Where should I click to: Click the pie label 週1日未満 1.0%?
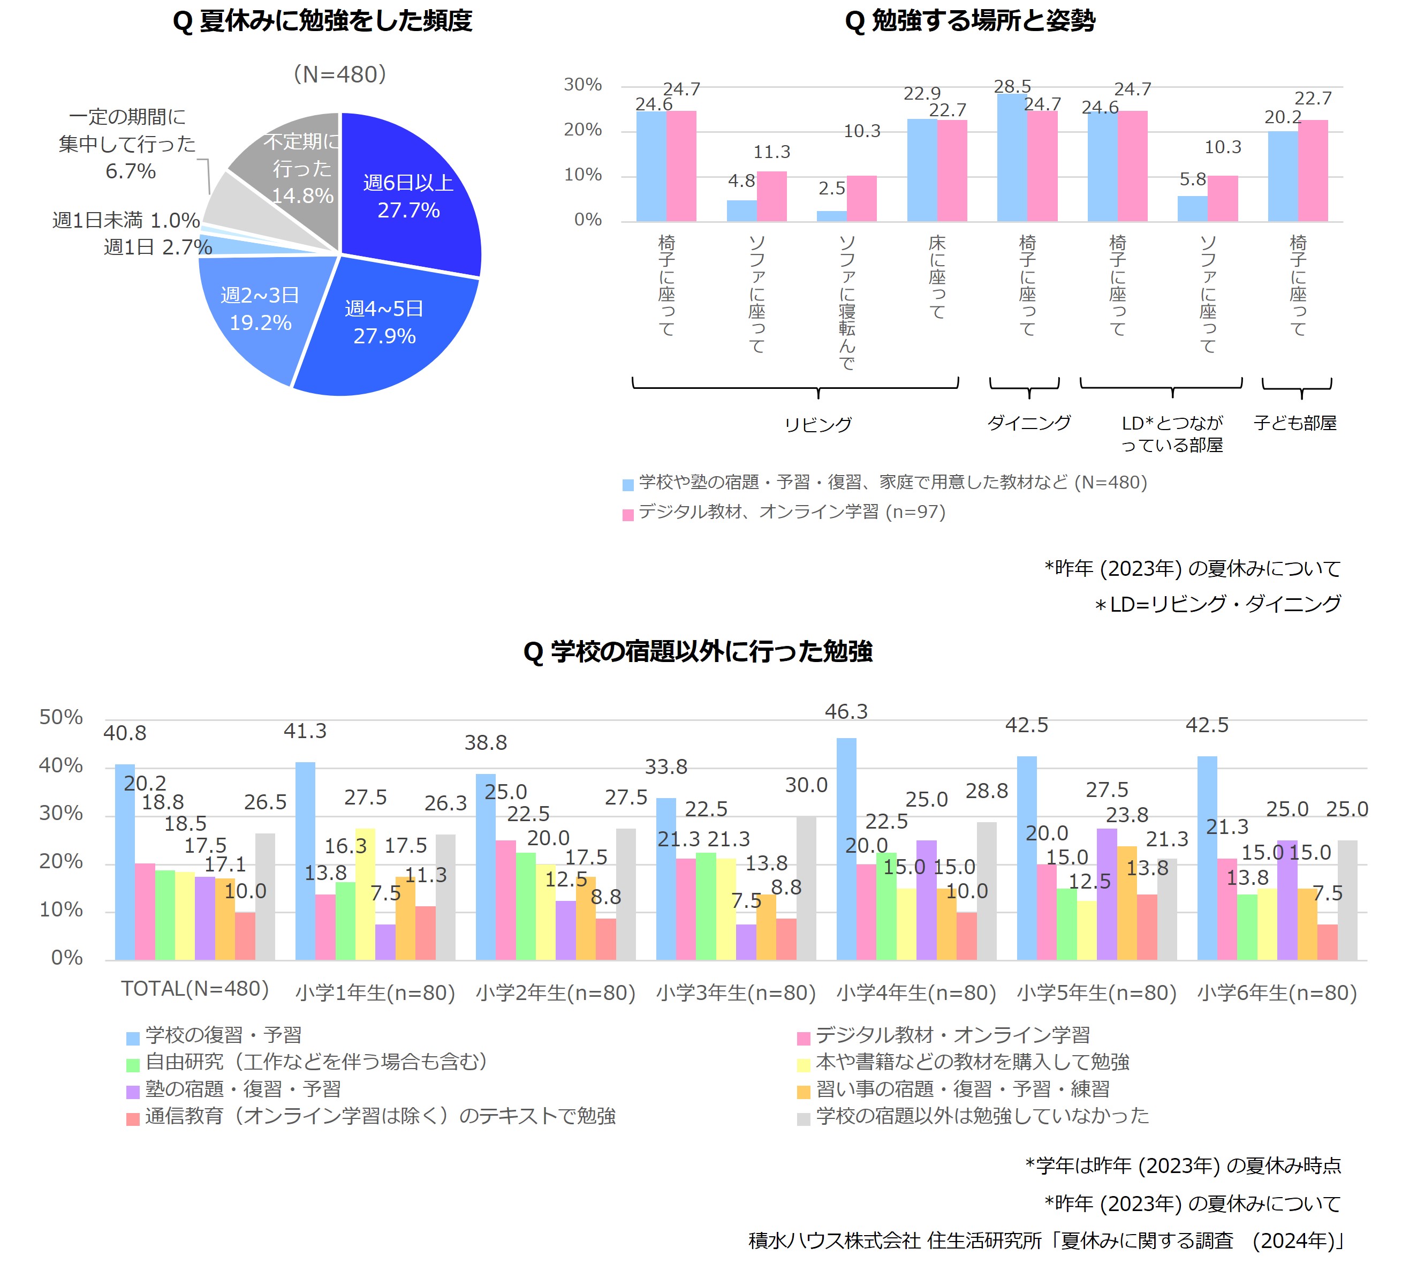[x=126, y=221]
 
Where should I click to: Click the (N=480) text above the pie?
[x=340, y=74]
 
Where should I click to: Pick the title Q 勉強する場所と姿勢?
[x=970, y=21]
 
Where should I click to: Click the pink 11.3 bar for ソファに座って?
[x=771, y=196]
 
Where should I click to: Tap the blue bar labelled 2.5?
[x=832, y=216]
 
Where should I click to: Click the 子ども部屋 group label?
[x=1295, y=423]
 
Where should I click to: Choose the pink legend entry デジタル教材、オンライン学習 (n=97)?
[x=784, y=512]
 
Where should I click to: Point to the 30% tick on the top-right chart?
[x=583, y=85]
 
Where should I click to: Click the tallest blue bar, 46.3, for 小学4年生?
[x=846, y=849]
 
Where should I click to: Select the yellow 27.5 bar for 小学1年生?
[x=365, y=894]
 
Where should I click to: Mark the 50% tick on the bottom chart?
[x=60, y=717]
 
